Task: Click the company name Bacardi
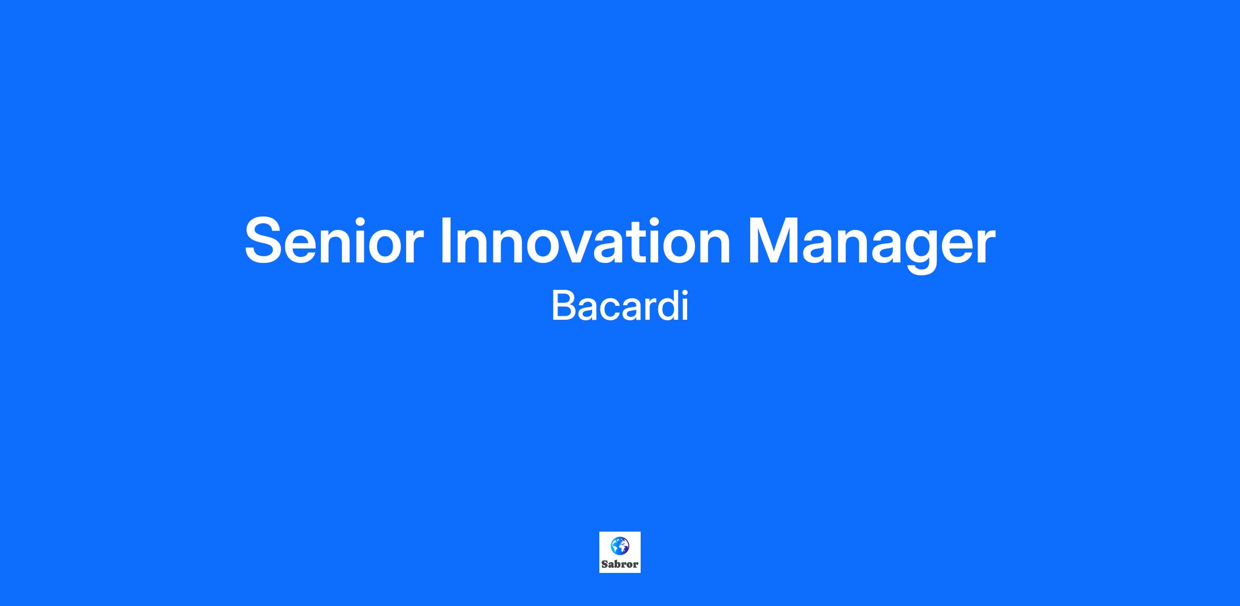tap(620, 306)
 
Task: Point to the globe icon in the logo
tap(620, 546)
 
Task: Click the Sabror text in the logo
tap(620, 564)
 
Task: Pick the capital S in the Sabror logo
tap(605, 564)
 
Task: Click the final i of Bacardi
tap(685, 306)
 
